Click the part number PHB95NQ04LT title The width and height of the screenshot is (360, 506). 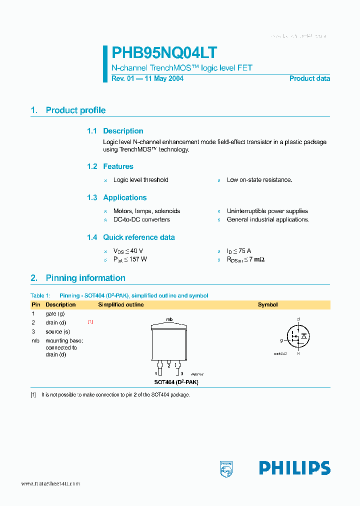coord(164,53)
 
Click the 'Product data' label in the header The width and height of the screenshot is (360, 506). coord(309,78)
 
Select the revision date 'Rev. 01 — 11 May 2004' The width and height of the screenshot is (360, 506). coord(147,78)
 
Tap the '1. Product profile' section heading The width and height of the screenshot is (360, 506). coord(68,110)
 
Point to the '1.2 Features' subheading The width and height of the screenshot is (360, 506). coord(110,166)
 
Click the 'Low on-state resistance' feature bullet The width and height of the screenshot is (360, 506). coord(259,180)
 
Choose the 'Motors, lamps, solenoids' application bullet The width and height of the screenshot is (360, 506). coord(146,211)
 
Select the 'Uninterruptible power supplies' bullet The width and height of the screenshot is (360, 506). coord(267,211)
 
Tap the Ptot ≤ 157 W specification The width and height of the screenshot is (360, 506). coord(130,259)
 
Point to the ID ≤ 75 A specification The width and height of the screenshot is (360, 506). coord(239,251)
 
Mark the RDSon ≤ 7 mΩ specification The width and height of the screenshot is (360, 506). coord(246,259)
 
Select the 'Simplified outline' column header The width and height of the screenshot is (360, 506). coord(121,304)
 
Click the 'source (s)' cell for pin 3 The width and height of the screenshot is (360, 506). coord(57,331)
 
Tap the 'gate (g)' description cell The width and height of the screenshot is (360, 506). coord(55,313)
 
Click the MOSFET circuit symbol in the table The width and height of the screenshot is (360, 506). coord(298,335)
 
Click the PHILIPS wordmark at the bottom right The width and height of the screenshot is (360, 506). coord(294,468)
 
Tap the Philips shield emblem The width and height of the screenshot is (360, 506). coord(226,468)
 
